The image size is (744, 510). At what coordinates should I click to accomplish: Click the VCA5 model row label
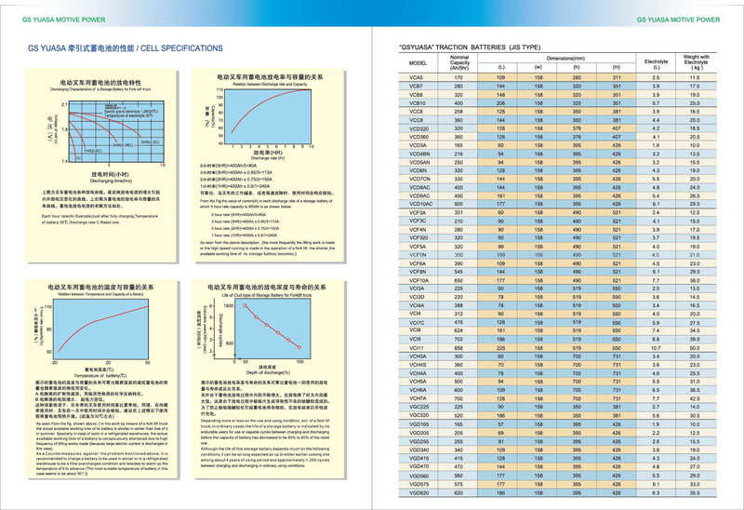click(416, 77)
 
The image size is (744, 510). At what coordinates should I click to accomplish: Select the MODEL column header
click(416, 63)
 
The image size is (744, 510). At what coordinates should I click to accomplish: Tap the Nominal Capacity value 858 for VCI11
click(459, 347)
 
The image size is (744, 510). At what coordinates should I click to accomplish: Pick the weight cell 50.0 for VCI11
click(696, 347)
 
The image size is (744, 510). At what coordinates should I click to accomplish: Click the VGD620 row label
click(419, 492)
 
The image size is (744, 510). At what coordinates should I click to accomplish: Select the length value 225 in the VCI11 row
click(501, 347)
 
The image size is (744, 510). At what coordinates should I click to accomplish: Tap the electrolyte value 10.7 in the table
click(656, 347)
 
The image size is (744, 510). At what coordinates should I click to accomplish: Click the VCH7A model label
click(418, 398)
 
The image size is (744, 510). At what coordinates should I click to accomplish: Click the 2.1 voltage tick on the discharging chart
click(66, 103)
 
